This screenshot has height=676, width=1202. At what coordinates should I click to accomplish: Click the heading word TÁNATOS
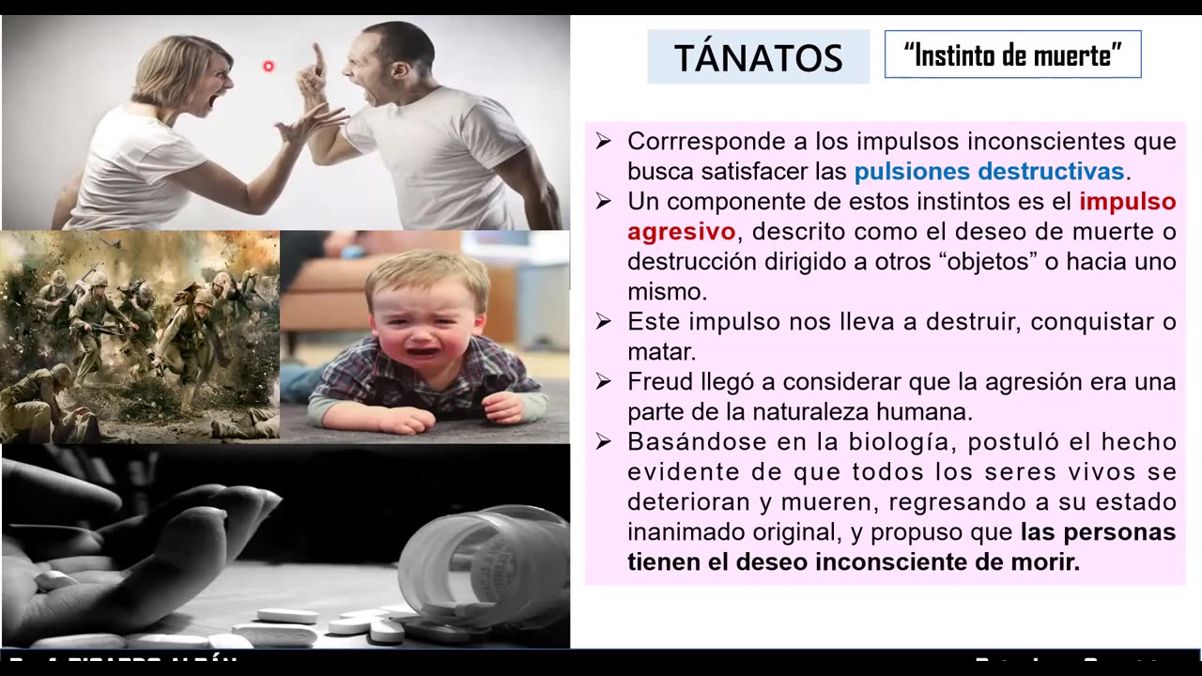click(x=758, y=58)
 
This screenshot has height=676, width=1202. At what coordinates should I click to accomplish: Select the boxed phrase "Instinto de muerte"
click(x=1012, y=55)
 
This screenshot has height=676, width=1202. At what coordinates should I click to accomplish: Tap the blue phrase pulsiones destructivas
click(x=989, y=172)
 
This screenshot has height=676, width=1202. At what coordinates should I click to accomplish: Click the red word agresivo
click(x=681, y=232)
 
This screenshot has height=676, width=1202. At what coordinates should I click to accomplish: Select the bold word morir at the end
click(x=1045, y=562)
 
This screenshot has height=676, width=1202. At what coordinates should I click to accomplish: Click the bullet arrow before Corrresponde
click(x=603, y=142)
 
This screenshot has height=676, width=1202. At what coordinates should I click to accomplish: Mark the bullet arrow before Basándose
click(x=603, y=442)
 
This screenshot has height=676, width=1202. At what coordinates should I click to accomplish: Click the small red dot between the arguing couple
click(x=268, y=66)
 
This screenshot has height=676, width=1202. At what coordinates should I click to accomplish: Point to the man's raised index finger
click(x=317, y=58)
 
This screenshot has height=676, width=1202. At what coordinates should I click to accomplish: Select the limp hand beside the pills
click(x=131, y=545)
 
